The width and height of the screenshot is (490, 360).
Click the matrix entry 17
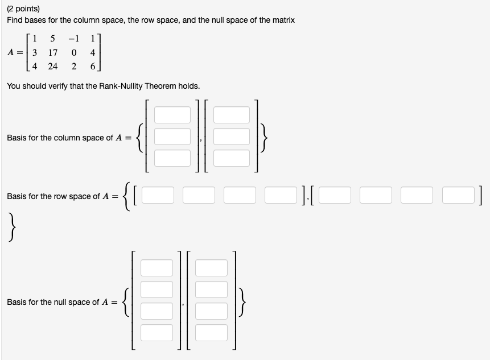pos(52,52)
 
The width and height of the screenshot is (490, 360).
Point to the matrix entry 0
pos(74,52)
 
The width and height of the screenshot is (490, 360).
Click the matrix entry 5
pos(52,39)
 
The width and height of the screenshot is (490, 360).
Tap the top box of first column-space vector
pos(172,115)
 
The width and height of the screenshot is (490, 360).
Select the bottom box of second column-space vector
pos(232,158)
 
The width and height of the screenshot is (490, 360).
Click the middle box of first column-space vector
pos(172,136)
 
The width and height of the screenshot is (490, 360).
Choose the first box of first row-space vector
pos(158,195)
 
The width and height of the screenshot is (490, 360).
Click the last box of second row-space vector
pos(459,195)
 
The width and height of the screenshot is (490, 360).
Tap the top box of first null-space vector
pos(157,267)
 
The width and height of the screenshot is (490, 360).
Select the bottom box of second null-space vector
pos(211,332)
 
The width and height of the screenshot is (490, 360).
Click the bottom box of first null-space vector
pos(157,332)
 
